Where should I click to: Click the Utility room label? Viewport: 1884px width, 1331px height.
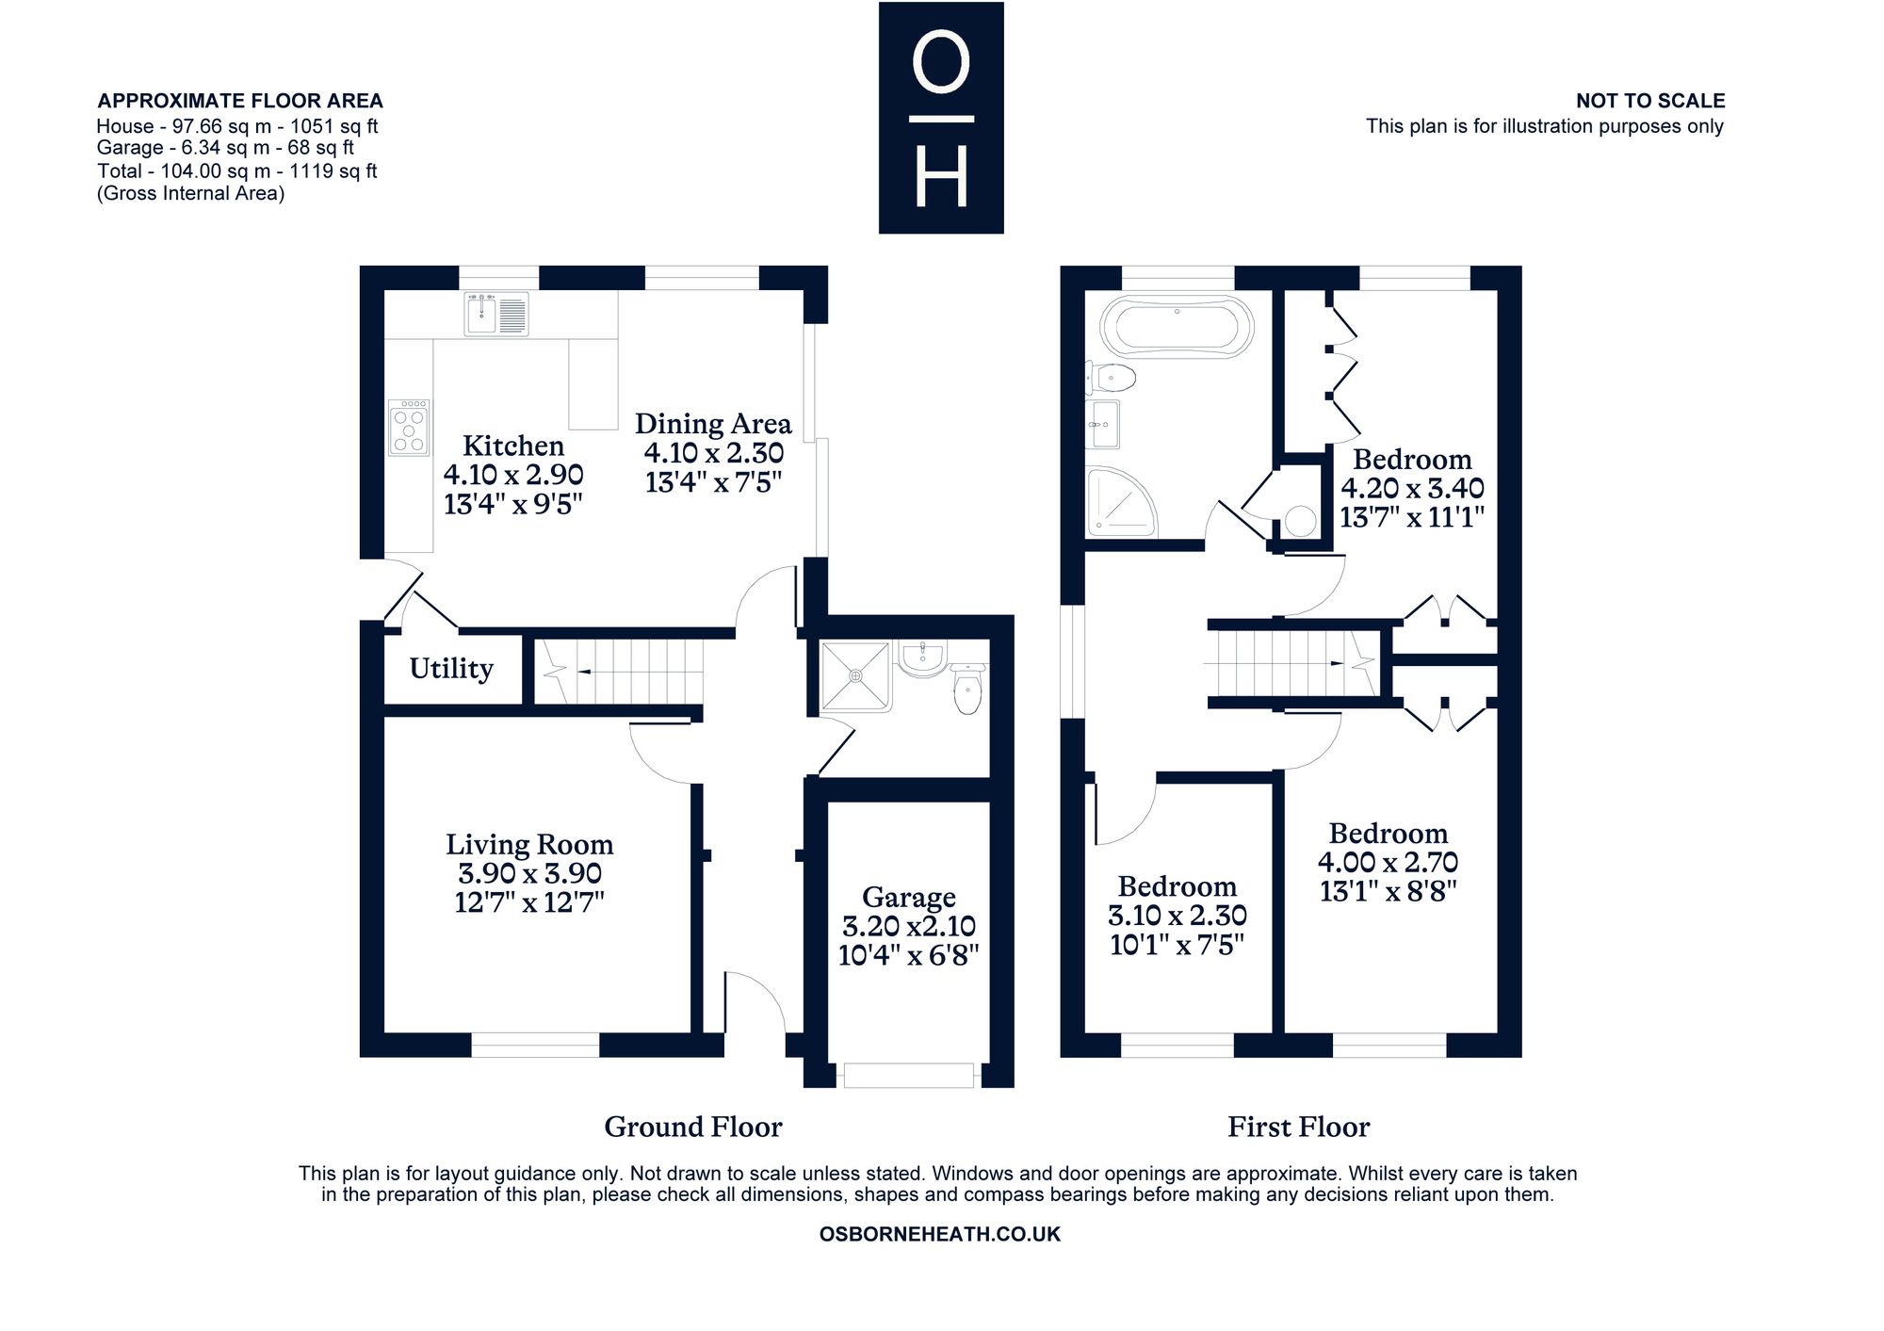(451, 669)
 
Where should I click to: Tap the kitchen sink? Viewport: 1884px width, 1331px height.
(496, 314)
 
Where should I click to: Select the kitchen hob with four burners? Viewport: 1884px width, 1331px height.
(410, 428)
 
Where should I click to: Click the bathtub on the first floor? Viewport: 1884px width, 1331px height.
(1177, 327)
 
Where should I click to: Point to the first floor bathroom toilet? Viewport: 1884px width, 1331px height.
(1111, 379)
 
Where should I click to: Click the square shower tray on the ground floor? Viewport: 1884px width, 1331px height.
(855, 676)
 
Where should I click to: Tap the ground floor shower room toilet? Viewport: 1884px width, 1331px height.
(967, 689)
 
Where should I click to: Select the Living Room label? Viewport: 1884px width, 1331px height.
(529, 844)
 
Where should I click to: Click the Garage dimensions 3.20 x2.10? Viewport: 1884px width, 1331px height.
(909, 926)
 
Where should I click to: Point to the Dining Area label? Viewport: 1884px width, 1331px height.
(713, 424)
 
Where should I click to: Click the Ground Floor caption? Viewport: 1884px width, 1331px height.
(693, 1127)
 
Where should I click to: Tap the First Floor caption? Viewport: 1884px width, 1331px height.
(1298, 1127)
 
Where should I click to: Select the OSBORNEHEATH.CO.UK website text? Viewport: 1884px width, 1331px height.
(940, 1234)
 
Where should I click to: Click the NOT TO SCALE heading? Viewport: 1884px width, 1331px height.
(1650, 101)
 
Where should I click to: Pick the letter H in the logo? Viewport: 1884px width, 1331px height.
(941, 178)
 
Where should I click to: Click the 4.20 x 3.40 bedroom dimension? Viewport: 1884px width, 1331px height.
(1412, 488)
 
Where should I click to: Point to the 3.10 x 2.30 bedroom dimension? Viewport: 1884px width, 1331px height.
(1177, 915)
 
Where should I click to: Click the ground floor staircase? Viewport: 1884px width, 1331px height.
(619, 672)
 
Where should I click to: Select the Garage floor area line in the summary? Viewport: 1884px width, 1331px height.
(225, 148)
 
